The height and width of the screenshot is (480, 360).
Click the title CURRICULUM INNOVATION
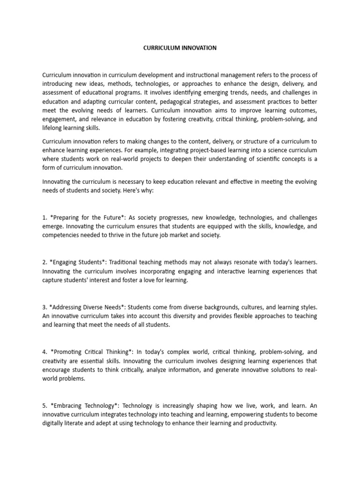pyautogui.click(x=180, y=48)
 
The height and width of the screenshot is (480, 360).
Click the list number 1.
pyautogui.click(x=45, y=217)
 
